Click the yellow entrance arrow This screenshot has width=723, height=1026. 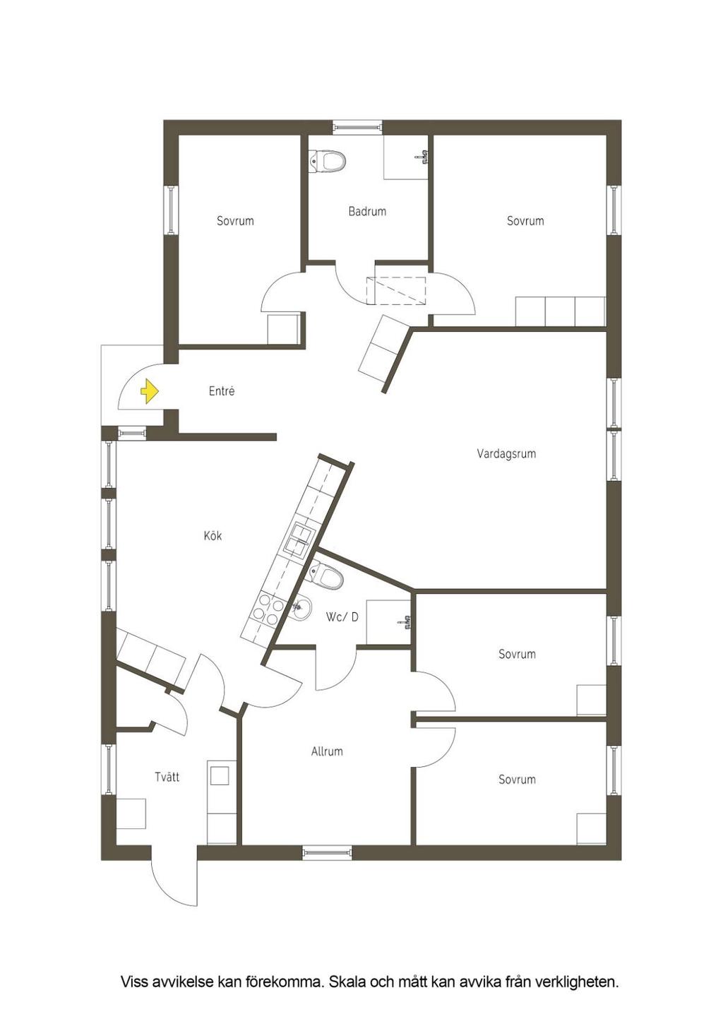point(149,391)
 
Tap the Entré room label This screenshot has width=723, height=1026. point(222,391)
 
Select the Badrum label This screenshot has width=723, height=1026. point(367,211)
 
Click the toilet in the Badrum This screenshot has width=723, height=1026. point(328,161)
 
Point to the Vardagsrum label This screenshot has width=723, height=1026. point(506,454)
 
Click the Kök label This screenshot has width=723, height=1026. point(213,536)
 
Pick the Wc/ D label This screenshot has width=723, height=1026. point(342,617)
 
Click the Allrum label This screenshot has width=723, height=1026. point(327,751)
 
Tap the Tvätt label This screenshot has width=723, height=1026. point(167,777)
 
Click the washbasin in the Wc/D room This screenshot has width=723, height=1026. point(301,607)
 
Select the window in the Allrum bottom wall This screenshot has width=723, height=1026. point(327,853)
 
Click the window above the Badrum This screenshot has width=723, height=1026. point(357,128)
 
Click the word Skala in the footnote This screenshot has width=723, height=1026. point(347,982)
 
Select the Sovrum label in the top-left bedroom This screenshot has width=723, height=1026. point(235,221)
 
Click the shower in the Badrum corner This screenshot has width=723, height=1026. point(407,158)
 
